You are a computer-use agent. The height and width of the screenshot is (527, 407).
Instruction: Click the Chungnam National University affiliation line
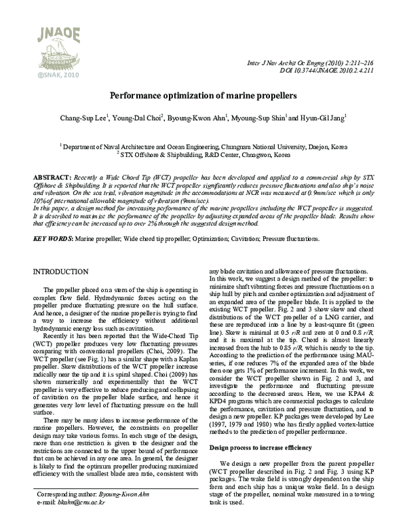tap(203, 145)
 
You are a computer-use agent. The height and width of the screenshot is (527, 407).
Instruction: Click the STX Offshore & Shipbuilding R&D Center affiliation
tap(203, 153)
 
